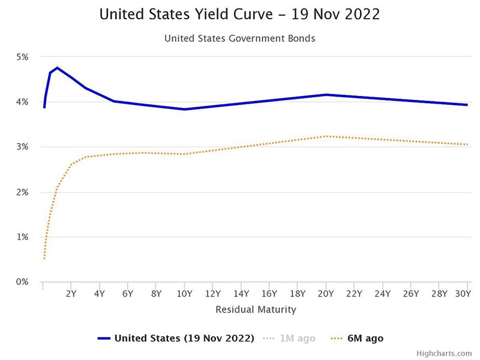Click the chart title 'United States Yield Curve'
coord(239,13)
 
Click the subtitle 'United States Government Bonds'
coord(239,38)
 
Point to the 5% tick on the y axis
coord(22,57)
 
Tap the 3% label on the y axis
coord(22,147)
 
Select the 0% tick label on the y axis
coord(22,282)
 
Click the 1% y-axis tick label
coord(22,237)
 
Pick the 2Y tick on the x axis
coord(71,294)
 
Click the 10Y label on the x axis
coord(184,294)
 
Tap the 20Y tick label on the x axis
coord(326,294)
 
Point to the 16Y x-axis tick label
coord(269,294)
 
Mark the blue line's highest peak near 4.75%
coord(57,68)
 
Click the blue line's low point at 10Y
coord(184,109)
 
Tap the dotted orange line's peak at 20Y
coord(326,136)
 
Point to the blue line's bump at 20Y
coord(326,95)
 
